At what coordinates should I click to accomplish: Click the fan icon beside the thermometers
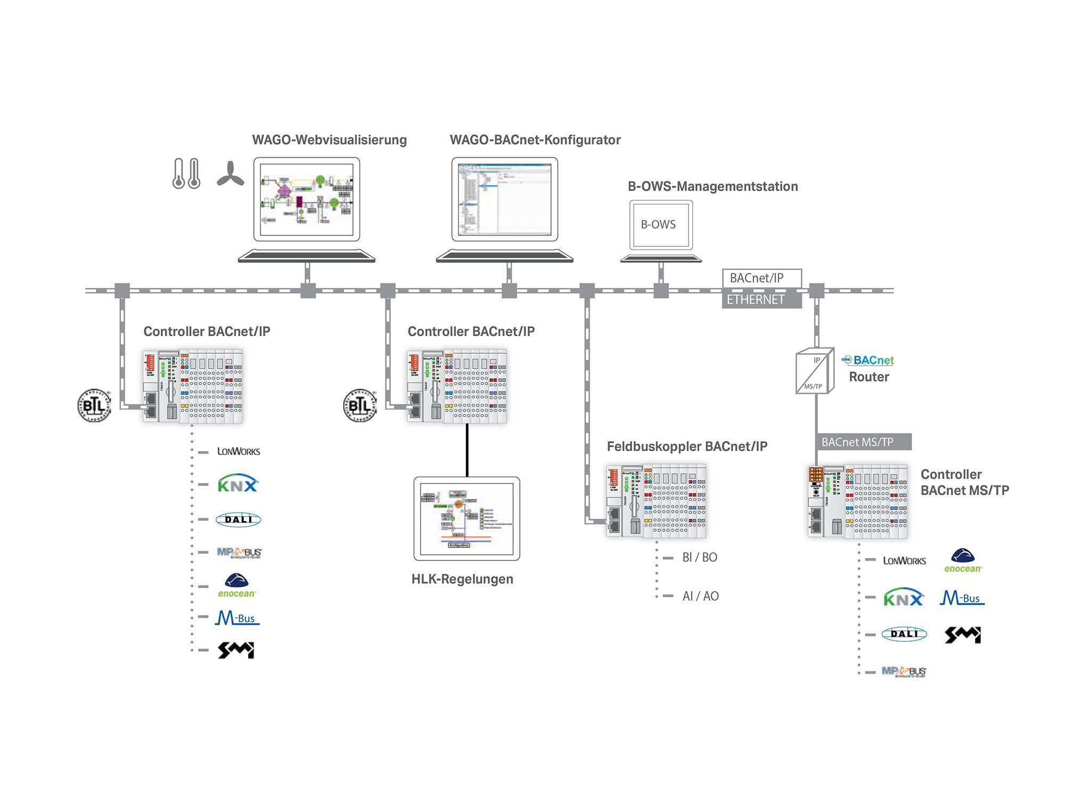[230, 174]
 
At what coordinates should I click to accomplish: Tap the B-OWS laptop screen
[660, 225]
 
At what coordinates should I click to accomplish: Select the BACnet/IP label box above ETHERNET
[761, 278]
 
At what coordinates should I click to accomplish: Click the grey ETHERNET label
[761, 300]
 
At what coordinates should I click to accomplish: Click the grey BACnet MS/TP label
[863, 442]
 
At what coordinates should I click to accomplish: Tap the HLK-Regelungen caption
[462, 579]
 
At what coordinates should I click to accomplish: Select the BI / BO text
[700, 558]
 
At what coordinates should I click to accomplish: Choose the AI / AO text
[700, 596]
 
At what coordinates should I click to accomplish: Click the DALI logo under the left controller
[239, 519]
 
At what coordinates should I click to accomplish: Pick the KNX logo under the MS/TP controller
[904, 598]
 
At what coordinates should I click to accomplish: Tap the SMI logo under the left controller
[236, 650]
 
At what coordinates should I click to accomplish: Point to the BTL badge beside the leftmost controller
[94, 405]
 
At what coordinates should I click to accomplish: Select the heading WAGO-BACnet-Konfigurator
[535, 140]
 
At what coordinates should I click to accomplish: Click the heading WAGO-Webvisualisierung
[329, 140]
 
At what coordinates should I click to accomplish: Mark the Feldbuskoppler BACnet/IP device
[656, 501]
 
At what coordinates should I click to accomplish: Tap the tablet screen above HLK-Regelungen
[467, 519]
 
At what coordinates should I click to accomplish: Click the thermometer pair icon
[186, 173]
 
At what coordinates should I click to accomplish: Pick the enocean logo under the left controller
[237, 585]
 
